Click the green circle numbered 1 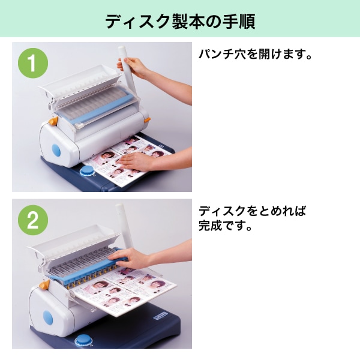tap(33, 63)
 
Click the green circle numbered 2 tap(33, 220)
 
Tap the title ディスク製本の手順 tap(180, 22)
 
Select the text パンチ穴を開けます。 tap(256, 54)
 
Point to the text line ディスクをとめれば tap(253, 211)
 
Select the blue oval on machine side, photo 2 tap(48, 318)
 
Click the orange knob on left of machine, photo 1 tap(54, 121)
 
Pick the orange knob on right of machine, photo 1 tap(147, 120)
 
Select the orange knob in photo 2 tap(44, 284)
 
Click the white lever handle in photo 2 tap(124, 226)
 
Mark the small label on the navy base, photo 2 tap(160, 316)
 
